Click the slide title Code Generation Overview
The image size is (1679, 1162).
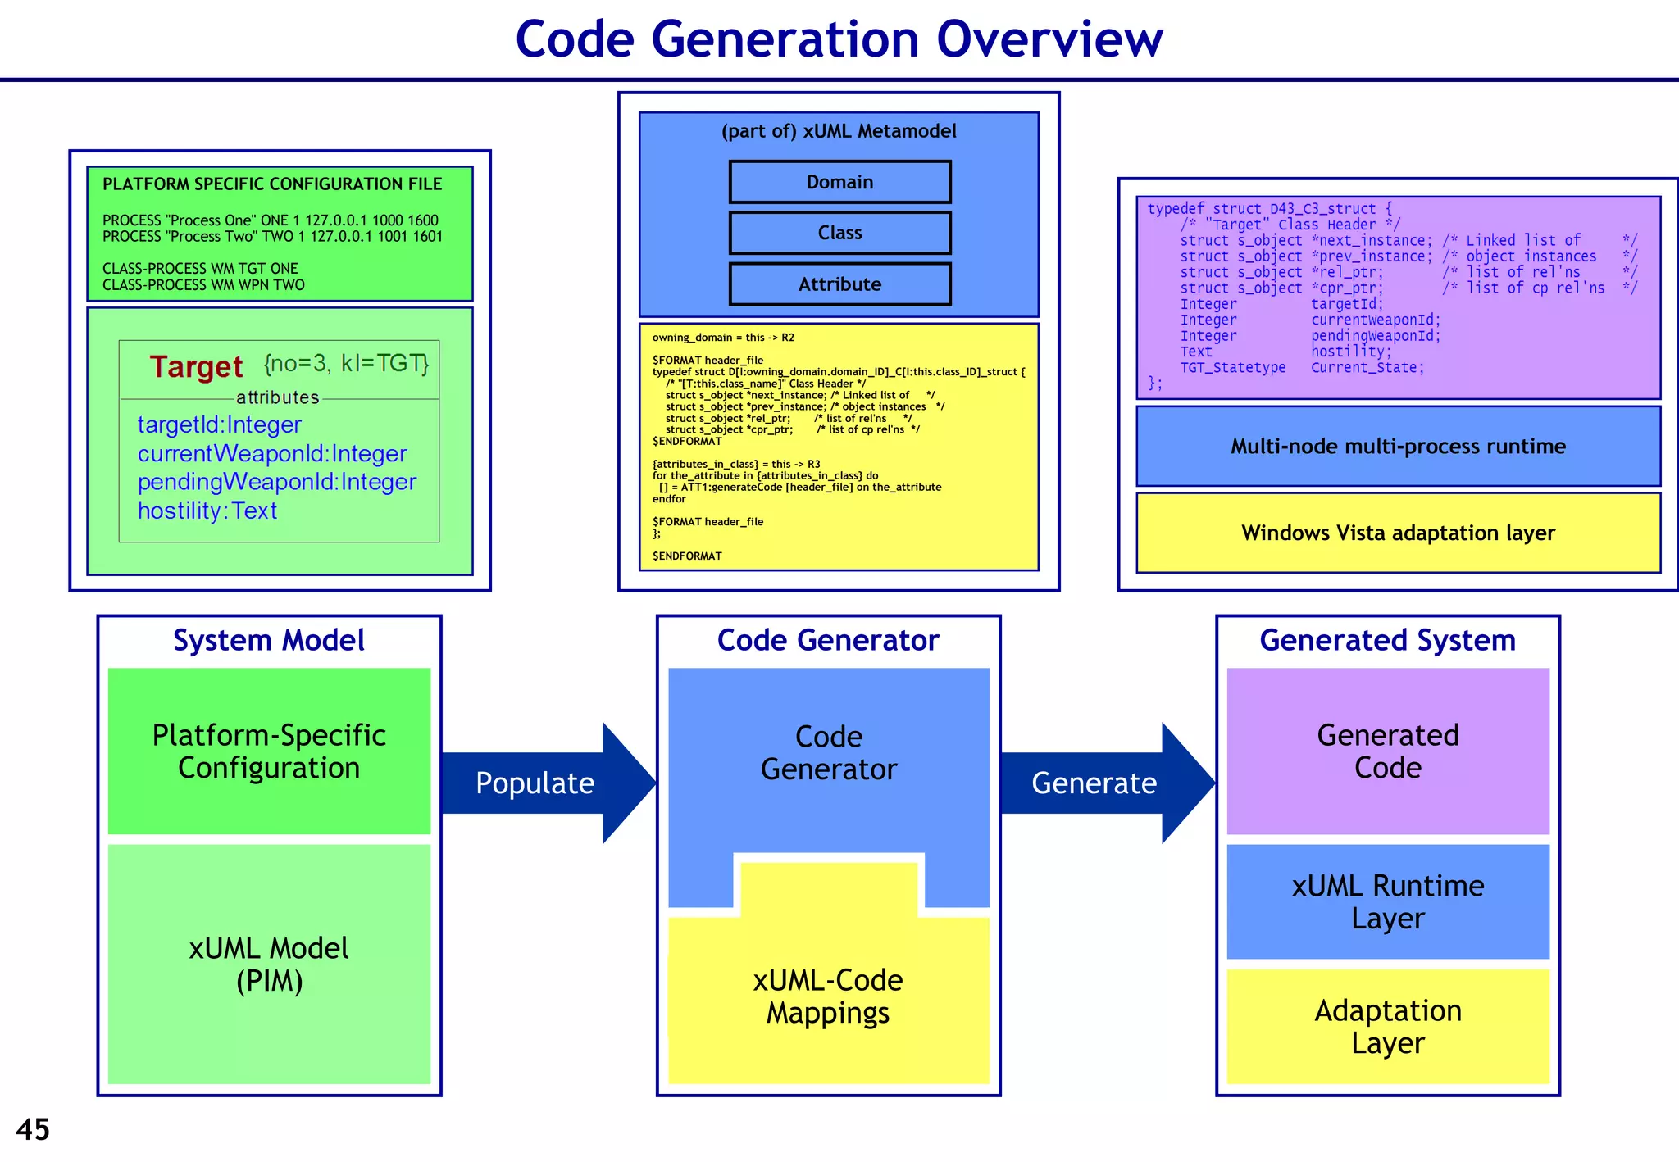(839, 39)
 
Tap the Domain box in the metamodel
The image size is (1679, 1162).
(839, 182)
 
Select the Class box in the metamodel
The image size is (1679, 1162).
(839, 233)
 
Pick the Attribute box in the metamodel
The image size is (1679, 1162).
(839, 284)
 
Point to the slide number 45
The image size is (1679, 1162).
(33, 1129)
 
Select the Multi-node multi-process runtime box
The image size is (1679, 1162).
(1398, 447)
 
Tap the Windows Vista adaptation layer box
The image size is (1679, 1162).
(1398, 533)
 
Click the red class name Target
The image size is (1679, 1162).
(196, 366)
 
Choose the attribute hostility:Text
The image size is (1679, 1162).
(207, 511)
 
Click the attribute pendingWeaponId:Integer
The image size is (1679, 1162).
(276, 482)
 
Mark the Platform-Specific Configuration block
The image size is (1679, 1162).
(269, 751)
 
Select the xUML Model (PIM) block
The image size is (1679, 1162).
(269, 965)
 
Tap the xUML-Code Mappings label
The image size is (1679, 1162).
(828, 996)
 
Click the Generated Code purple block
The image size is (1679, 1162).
(1387, 751)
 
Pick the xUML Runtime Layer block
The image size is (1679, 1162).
(1387, 901)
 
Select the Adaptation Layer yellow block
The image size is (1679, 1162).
(1387, 1027)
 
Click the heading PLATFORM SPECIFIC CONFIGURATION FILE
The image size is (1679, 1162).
(272, 184)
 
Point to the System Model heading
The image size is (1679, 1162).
(269, 640)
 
